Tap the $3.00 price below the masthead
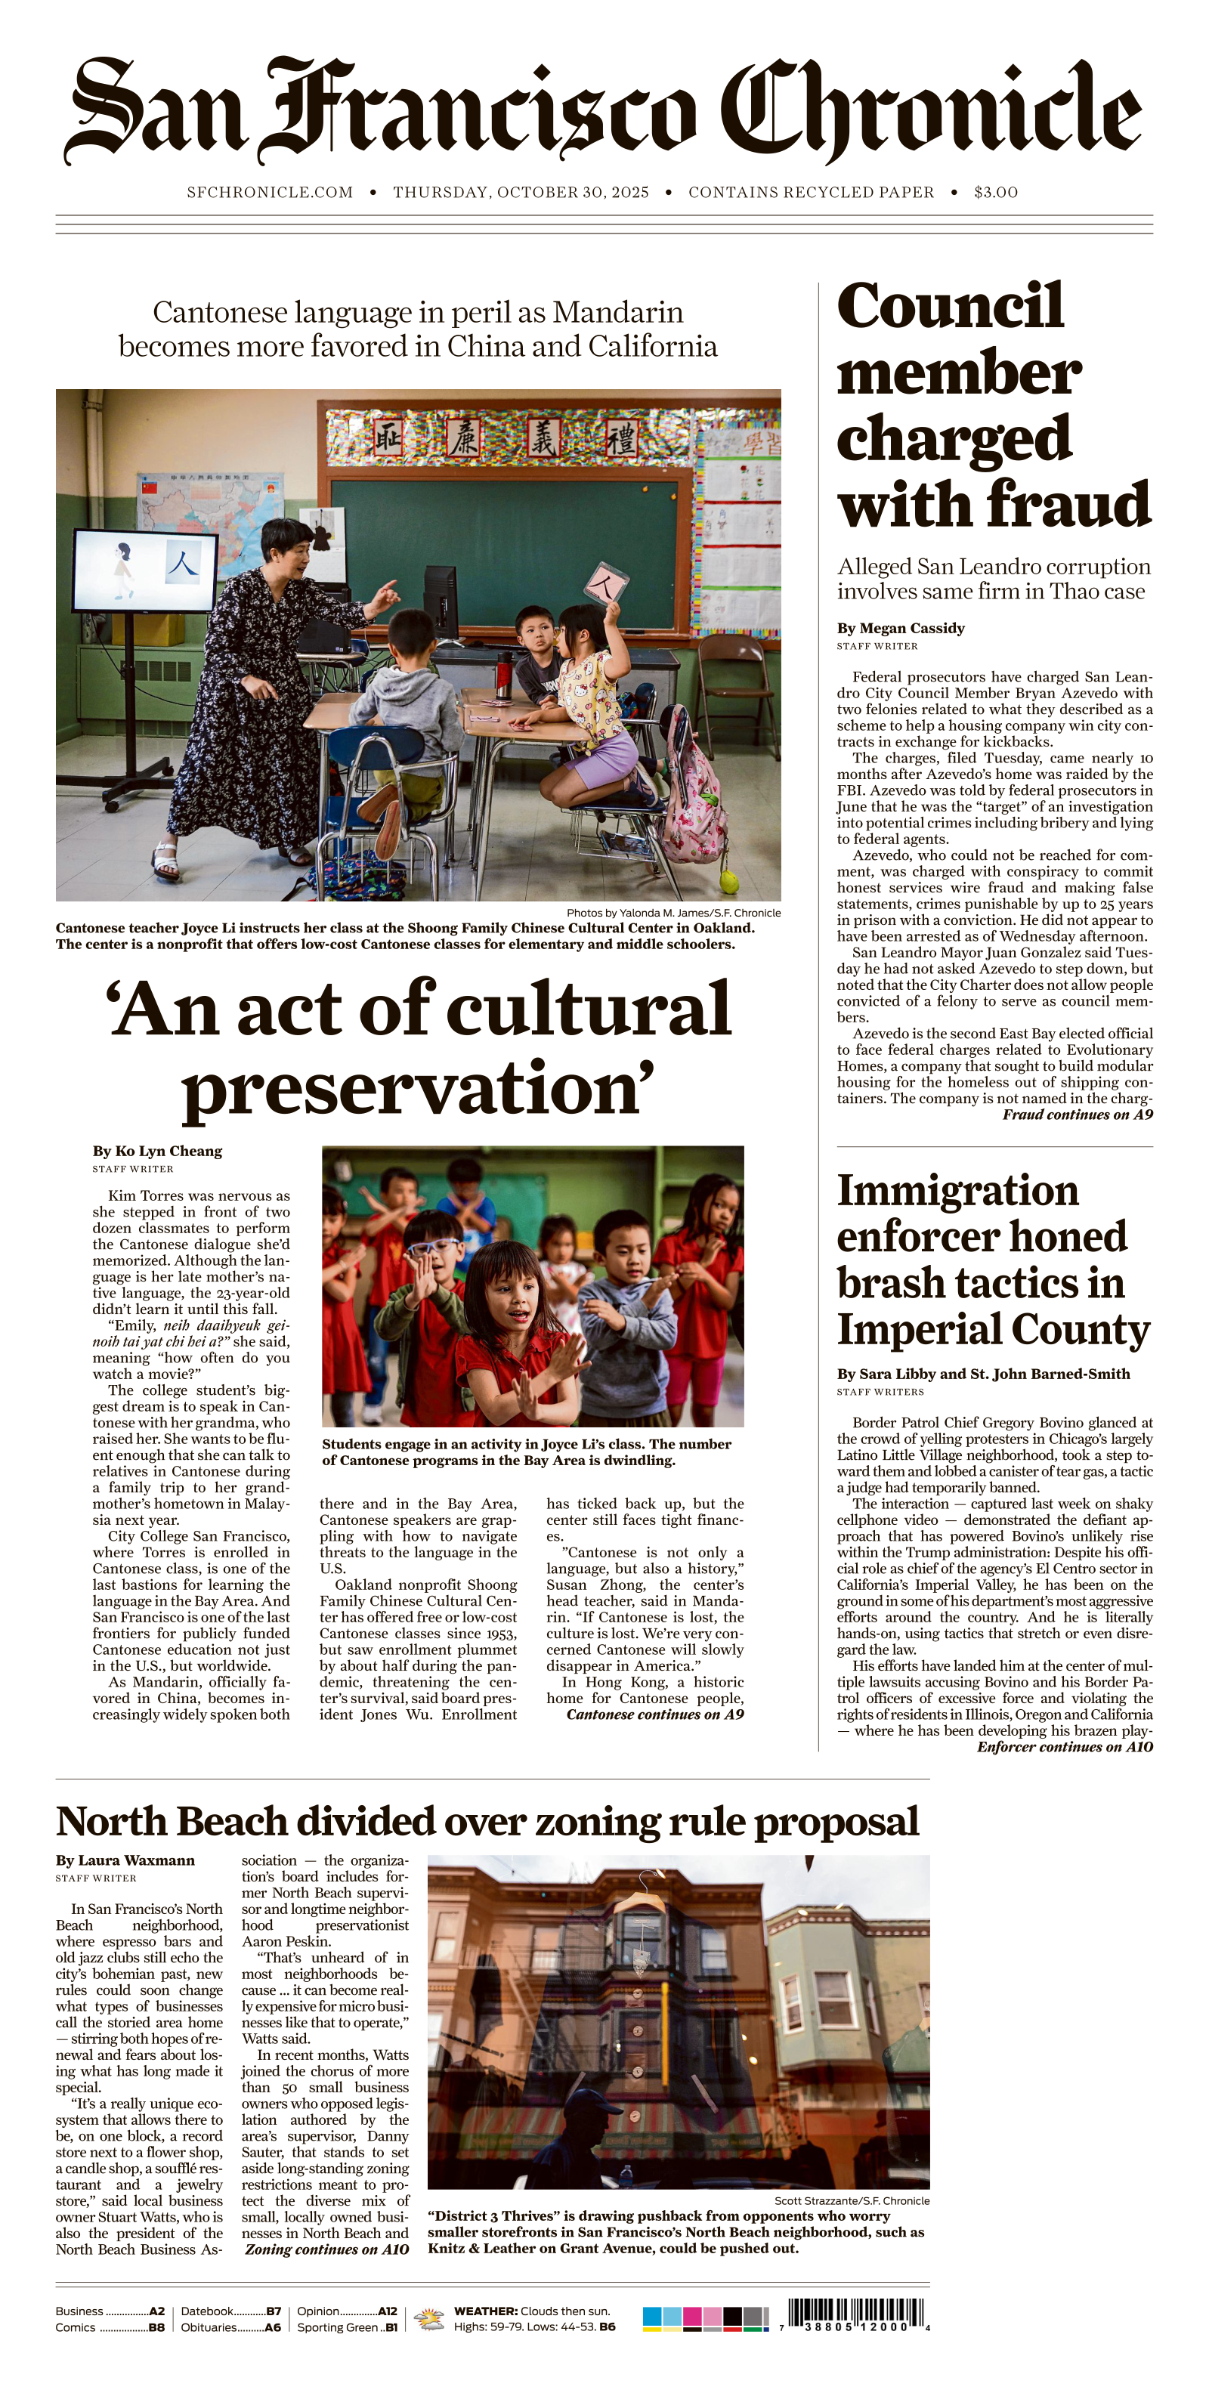[x=996, y=192]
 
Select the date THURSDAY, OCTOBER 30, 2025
[x=521, y=192]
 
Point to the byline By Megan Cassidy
[x=900, y=628]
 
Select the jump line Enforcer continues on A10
[x=1064, y=1746]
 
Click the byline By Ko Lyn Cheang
[x=157, y=1151]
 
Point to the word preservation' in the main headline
[x=418, y=1088]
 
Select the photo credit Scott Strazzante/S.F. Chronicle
[x=851, y=2200]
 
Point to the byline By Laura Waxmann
[x=125, y=1860]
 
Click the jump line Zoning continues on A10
[x=326, y=2249]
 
